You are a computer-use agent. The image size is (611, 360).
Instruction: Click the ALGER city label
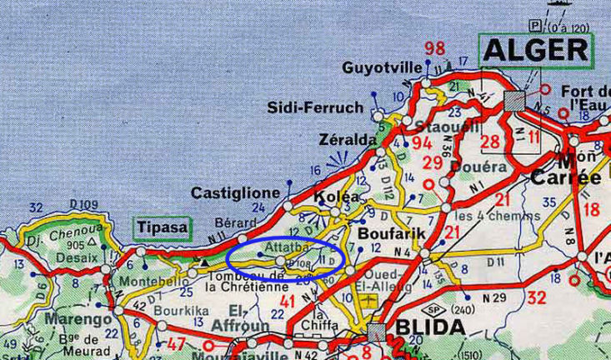tap(537, 51)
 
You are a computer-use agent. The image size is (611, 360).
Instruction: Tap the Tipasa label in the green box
tap(162, 227)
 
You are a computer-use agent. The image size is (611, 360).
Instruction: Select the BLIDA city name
tap(429, 326)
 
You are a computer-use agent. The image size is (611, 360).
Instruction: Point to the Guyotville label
tap(377, 67)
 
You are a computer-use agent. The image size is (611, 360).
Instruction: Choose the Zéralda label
tap(348, 140)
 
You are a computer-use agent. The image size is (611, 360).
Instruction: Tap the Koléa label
tap(337, 197)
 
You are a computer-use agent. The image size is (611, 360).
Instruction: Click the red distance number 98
tap(434, 48)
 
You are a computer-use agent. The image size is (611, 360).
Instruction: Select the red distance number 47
tap(176, 343)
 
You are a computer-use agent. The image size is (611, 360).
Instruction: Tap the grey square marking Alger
tap(514, 100)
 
